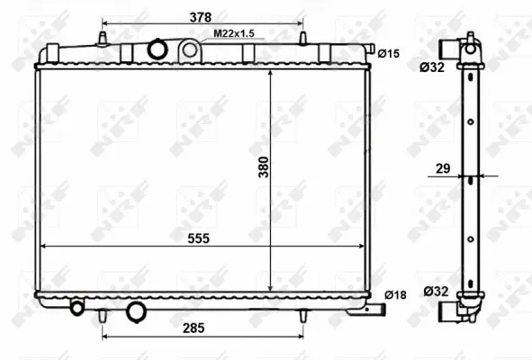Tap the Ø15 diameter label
click(x=388, y=54)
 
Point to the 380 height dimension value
click(x=264, y=168)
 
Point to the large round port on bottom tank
click(x=137, y=311)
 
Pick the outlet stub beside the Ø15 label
click(x=369, y=53)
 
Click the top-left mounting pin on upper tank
click(x=102, y=39)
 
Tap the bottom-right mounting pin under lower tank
click(x=302, y=314)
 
